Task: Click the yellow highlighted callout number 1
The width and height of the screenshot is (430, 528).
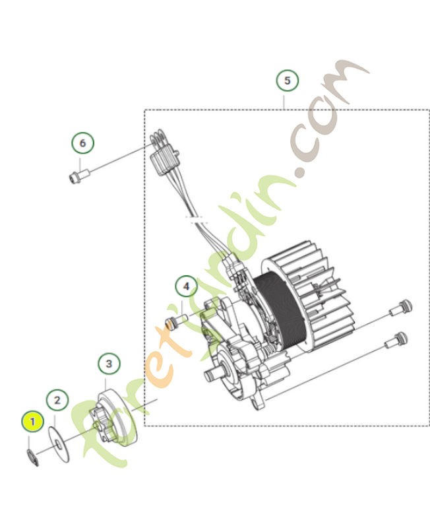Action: point(31,420)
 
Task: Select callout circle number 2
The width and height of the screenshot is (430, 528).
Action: point(57,399)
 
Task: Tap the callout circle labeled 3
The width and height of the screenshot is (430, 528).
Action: point(109,364)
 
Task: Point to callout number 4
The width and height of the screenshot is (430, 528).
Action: point(186,286)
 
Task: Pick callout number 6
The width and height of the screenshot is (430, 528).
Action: point(82,143)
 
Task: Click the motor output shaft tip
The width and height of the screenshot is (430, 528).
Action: point(208,376)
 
